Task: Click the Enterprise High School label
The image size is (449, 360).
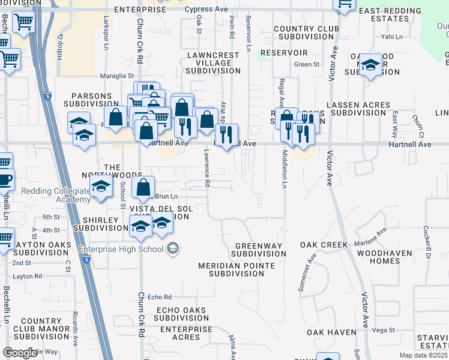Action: pyautogui.click(x=120, y=249)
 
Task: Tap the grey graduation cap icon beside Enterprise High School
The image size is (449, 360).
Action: pyautogui.click(x=173, y=248)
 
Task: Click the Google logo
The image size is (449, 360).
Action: pyautogui.click(x=19, y=353)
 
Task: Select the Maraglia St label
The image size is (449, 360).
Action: pyautogui.click(x=117, y=76)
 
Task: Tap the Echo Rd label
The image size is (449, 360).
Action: pyautogui.click(x=160, y=297)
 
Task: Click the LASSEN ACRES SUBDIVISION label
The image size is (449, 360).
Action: pyautogui.click(x=358, y=109)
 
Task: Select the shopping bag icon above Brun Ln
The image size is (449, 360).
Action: pyautogui.click(x=143, y=188)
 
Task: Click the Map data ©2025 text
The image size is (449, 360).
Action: pyautogui.click(x=424, y=355)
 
